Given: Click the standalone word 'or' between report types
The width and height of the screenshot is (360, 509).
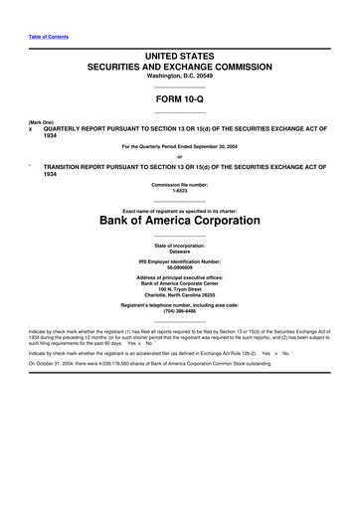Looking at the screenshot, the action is coord(180,155).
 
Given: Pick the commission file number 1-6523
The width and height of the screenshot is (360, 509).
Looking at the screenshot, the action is coord(180,190).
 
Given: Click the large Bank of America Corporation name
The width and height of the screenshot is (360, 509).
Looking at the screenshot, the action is coord(180,220).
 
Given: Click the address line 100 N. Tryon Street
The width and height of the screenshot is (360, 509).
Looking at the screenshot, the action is coord(180,290).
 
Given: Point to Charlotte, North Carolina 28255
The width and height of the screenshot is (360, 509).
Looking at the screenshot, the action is coord(180,296).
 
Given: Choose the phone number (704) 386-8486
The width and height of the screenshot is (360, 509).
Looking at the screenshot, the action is coord(180,313).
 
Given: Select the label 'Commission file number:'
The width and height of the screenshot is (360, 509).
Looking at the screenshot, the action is coord(180,184).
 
